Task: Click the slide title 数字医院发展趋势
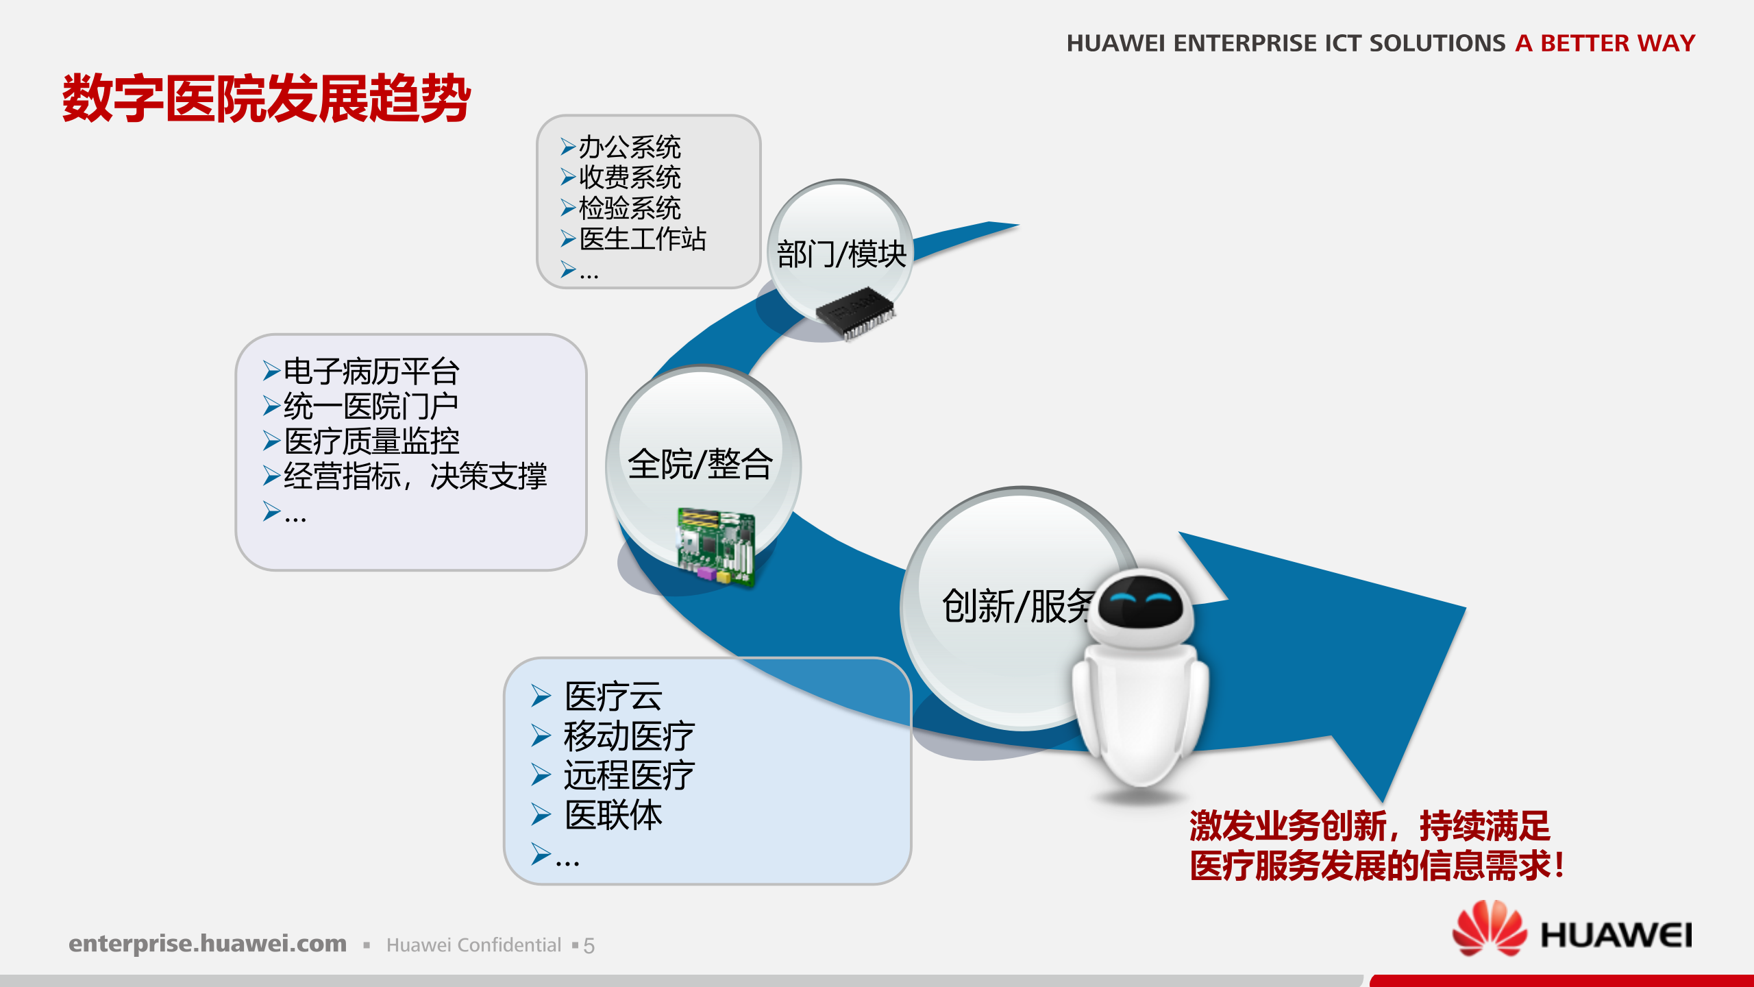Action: [266, 99]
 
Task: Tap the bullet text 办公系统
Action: [629, 147]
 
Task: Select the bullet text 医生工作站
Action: [642, 239]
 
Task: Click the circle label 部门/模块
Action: [841, 254]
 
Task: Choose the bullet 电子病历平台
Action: [371, 371]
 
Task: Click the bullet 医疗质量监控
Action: [371, 441]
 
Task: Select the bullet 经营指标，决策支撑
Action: [415, 476]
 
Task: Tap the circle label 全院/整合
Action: [700, 464]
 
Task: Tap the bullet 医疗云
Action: [613, 696]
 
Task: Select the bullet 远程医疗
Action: [628, 775]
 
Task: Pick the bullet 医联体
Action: [613, 815]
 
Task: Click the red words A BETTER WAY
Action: [1605, 43]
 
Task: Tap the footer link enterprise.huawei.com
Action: [208, 944]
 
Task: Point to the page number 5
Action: [589, 946]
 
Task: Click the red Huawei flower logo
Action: [1489, 929]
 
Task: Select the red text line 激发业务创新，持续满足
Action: [1369, 825]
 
